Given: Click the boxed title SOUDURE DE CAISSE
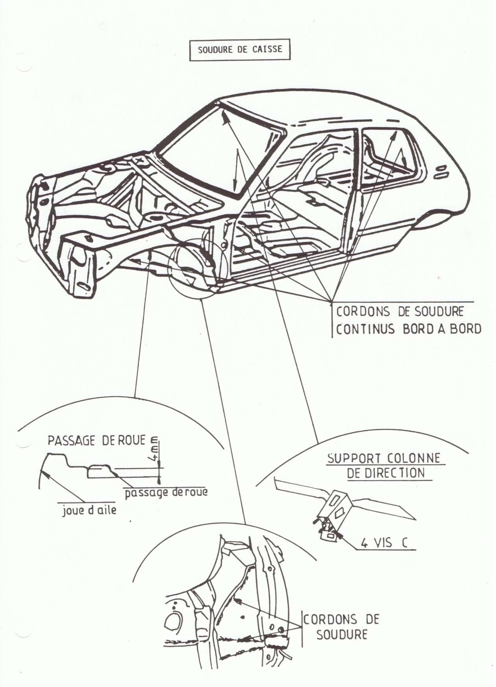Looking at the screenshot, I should (x=240, y=50).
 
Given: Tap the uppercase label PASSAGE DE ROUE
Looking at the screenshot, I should (x=97, y=440).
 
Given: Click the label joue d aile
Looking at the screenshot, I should (x=89, y=511).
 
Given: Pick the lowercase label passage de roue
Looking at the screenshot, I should (x=166, y=492).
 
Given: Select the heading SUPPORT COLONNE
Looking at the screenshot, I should (x=384, y=458).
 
